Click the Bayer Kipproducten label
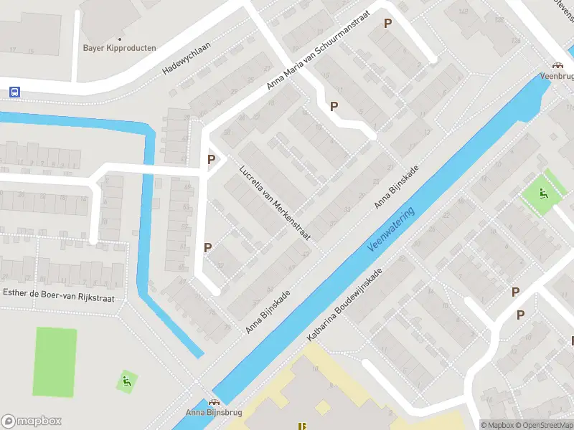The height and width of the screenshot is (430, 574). coord(119,48)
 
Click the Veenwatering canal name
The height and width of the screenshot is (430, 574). coord(391,229)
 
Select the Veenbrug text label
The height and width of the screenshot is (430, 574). coord(557,75)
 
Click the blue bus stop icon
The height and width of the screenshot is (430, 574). coord(14,92)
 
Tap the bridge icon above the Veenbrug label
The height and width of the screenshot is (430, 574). coord(557,64)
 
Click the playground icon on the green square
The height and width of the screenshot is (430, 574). coord(543,192)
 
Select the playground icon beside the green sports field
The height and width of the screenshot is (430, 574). coord(126,381)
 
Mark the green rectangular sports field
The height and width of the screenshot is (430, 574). coord(55,362)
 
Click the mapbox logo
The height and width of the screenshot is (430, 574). coord(32,421)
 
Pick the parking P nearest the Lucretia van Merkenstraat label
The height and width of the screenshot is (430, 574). coord(211,160)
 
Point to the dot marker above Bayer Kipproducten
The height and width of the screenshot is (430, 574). coord(119,39)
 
